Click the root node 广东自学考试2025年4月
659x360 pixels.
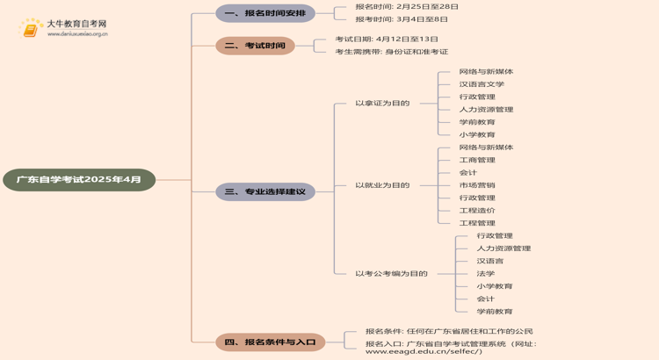pyautogui.click(x=79, y=180)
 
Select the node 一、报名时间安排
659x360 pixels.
pyautogui.click(x=264, y=13)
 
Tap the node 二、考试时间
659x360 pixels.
pyautogui.click(x=255, y=46)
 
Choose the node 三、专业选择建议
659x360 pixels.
pyautogui.click(x=264, y=191)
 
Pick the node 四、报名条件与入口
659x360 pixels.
pyautogui.click(x=270, y=342)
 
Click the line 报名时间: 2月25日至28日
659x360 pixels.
pyautogui.click(x=407, y=6)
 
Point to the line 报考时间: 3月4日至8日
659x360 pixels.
pyautogui.click(x=402, y=18)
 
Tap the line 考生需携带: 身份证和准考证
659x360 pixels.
pyautogui.click(x=391, y=52)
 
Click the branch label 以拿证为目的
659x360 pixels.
pyautogui.click(x=382, y=103)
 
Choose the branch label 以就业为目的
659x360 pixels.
pyautogui.click(x=382, y=185)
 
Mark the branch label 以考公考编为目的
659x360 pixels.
pyautogui.click(x=391, y=273)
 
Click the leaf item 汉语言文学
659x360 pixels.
pyautogui.click(x=482, y=84)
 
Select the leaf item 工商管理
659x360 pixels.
pyautogui.click(x=477, y=160)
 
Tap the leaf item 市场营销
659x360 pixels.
pyautogui.click(x=477, y=185)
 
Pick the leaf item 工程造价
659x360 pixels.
pyautogui.click(x=477, y=211)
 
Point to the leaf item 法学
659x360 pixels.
pyautogui.click(x=486, y=273)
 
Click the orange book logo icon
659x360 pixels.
pyautogui.click(x=31, y=28)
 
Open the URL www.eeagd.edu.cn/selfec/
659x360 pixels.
pyautogui.click(x=424, y=351)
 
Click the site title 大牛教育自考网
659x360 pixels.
pyautogui.click(x=76, y=24)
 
